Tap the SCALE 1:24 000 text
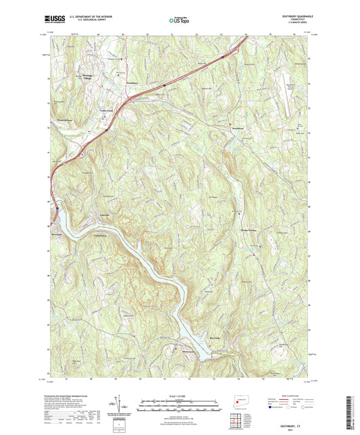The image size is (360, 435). pos(180,396)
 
